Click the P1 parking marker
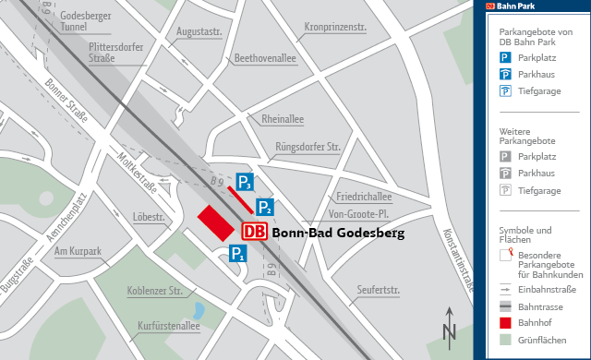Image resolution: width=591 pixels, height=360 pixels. (238, 254)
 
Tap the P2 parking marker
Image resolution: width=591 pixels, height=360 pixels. (264, 207)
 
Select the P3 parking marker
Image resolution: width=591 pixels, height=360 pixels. (244, 182)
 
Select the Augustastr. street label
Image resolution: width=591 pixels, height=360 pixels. (199, 31)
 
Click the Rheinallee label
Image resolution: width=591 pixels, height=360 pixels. (283, 120)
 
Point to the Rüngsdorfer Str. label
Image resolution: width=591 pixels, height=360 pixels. (308, 147)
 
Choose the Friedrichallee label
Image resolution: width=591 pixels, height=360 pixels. (364, 197)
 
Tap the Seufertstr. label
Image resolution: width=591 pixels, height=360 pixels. (378, 291)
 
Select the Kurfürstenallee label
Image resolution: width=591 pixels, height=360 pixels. (168, 326)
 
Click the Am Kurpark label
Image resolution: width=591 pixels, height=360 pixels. (78, 251)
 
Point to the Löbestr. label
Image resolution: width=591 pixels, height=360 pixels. (149, 217)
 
